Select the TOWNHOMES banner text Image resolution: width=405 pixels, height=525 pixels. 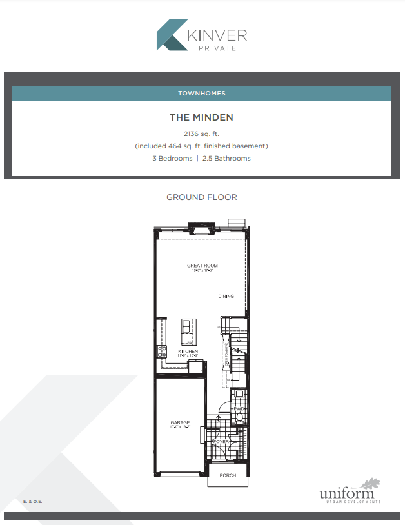click(x=202, y=94)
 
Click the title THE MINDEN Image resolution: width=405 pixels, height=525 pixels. click(x=201, y=117)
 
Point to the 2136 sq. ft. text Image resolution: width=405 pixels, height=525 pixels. click(x=201, y=134)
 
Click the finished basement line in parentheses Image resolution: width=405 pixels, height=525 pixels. click(x=201, y=146)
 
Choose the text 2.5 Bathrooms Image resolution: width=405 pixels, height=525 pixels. click(x=233, y=158)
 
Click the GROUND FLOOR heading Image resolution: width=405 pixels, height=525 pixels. click(x=202, y=197)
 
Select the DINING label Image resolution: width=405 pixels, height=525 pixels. click(x=226, y=297)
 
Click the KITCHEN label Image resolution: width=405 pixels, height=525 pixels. click(x=188, y=352)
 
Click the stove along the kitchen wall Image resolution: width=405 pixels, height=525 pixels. click(x=162, y=352)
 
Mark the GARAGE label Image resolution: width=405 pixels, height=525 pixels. click(x=180, y=423)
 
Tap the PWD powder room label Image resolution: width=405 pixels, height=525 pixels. click(x=238, y=409)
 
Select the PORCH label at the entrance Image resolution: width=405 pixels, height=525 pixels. click(x=228, y=476)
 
